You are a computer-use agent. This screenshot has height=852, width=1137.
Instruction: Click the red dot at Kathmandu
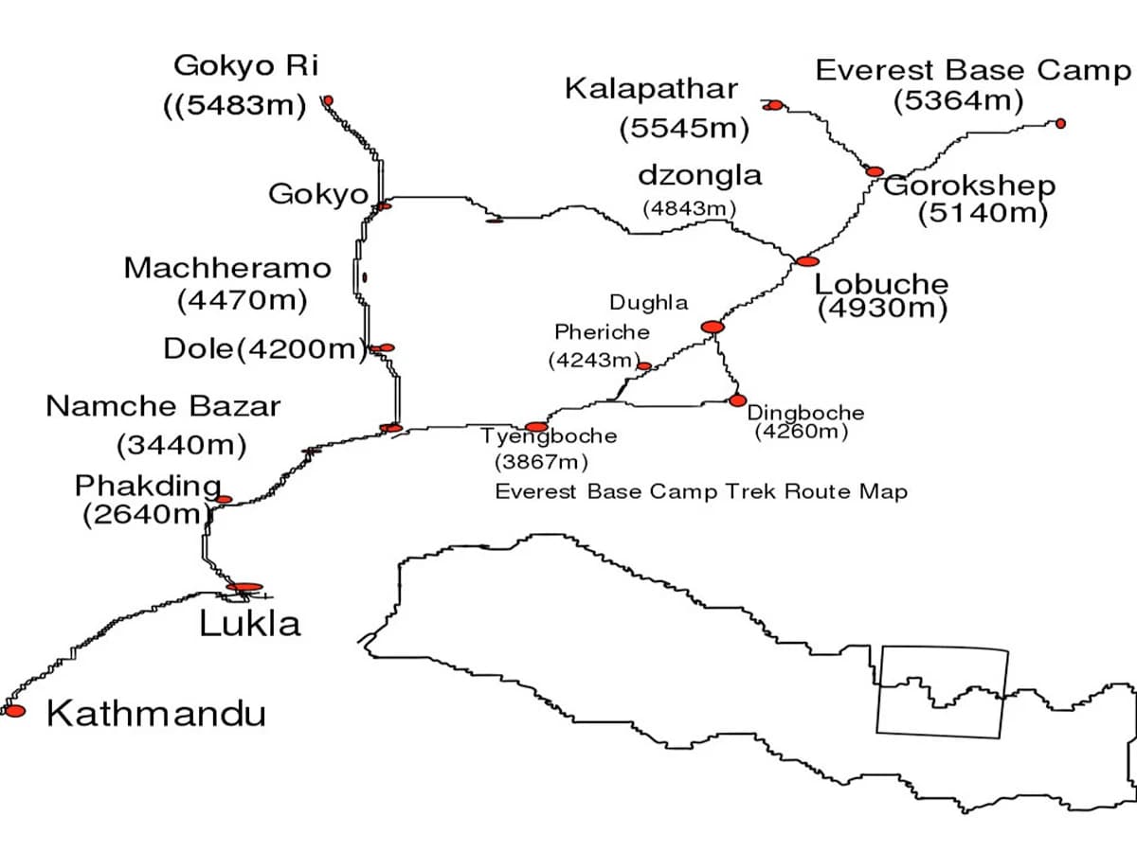tap(15, 710)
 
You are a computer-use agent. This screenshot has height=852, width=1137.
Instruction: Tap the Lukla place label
tap(250, 624)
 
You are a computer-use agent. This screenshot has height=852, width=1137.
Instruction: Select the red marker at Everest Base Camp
tap(1060, 123)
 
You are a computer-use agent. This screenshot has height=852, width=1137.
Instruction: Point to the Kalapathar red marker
tap(774, 105)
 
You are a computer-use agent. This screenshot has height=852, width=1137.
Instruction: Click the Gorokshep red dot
tap(875, 171)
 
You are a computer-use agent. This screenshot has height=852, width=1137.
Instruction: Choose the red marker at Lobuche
tap(806, 260)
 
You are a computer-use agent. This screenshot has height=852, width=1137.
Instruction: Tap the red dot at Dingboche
tap(737, 400)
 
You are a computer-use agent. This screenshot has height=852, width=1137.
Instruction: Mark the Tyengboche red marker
tap(536, 427)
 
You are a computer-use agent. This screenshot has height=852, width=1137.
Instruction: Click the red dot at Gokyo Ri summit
tap(328, 100)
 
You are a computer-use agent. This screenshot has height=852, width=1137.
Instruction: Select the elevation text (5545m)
tap(684, 128)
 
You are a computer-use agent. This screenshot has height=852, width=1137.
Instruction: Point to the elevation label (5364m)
tap(958, 101)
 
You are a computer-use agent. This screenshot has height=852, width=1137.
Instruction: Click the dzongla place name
tap(699, 175)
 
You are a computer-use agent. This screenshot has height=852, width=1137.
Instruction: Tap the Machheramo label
tap(228, 268)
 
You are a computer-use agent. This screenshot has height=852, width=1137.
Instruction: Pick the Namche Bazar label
tap(163, 406)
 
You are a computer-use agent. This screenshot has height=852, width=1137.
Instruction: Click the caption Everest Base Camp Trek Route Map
tap(701, 492)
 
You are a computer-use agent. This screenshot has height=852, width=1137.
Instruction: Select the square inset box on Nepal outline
tap(941, 690)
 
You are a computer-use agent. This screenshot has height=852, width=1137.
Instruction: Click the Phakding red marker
tap(224, 499)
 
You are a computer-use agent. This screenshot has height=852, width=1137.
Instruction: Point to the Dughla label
tap(648, 303)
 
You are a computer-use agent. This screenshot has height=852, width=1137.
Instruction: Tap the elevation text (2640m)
tap(144, 515)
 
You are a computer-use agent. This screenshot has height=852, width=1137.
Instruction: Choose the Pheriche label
tap(602, 332)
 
